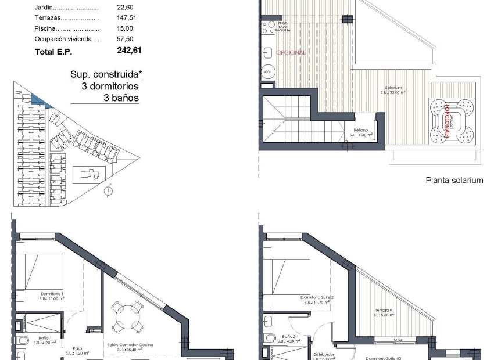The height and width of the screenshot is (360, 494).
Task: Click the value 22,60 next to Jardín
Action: coord(125,8)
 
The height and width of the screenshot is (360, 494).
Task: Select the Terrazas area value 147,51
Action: coord(128,18)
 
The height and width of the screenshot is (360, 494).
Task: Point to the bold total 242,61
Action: coord(129,51)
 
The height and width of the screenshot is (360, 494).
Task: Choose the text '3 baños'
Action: coord(121,98)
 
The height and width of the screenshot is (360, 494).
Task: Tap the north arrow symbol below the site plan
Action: coord(107,190)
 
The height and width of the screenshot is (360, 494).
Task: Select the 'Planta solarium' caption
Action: coord(454,181)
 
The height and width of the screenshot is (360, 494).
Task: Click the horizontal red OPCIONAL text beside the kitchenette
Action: coord(291,52)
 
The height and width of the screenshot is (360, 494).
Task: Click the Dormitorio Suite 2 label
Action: coord(317,299)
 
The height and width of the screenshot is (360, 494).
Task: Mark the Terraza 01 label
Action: coord(384,313)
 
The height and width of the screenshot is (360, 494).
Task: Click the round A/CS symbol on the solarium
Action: coord(268,72)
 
